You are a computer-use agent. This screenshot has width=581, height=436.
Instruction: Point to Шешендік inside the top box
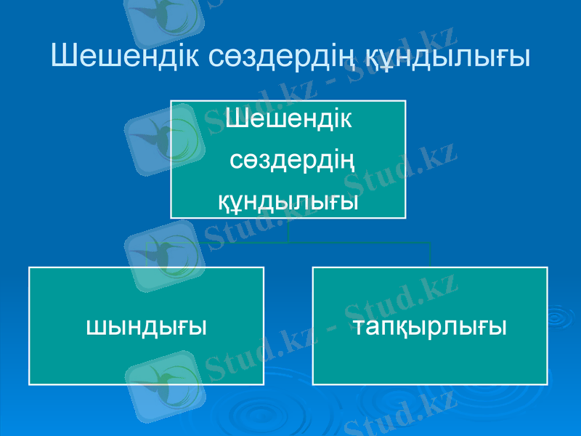289,118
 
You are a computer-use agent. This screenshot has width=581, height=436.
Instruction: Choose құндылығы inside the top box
289,199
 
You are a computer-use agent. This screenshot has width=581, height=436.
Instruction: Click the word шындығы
147,326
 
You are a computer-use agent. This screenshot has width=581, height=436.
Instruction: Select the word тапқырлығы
431,326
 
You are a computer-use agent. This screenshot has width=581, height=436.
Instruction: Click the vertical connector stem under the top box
288,230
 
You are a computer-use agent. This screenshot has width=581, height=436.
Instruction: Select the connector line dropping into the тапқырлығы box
431,254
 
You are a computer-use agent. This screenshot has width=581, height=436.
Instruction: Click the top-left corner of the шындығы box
30,267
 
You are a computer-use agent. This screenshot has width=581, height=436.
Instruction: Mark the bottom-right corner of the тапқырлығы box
546,384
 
